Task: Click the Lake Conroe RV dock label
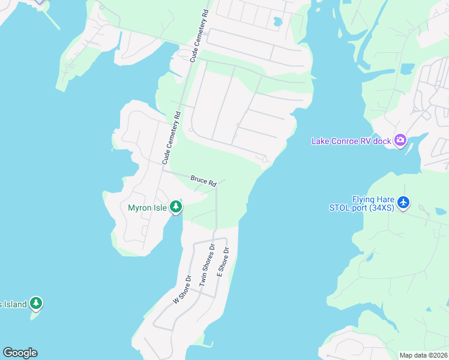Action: [351, 141]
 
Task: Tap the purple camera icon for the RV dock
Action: [400, 141]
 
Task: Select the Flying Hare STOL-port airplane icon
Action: [403, 203]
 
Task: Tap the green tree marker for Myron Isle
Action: [176, 208]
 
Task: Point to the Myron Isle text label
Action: [147, 208]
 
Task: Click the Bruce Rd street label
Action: [203, 179]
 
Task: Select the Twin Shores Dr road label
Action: [207, 264]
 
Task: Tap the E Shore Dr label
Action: [223, 262]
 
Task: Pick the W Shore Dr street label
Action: [181, 289]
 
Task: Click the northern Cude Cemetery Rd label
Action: [200, 36]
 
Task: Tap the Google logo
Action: [20, 352]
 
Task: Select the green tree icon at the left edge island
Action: [37, 304]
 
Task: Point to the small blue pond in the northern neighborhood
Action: [277, 22]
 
